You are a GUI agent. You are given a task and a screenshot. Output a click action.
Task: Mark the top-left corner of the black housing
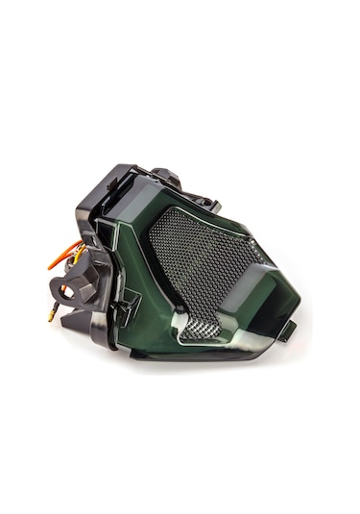105,174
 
